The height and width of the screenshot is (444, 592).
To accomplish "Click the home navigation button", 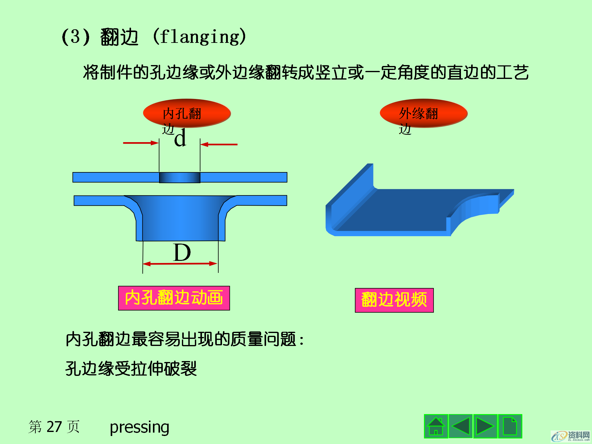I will (x=436, y=426).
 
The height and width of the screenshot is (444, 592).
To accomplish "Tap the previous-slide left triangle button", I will (x=460, y=426).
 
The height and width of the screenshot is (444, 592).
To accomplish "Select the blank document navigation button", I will (x=510, y=426).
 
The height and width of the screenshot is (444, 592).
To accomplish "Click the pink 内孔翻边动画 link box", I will (x=174, y=298).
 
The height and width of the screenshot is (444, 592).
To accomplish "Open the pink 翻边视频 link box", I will (x=394, y=300).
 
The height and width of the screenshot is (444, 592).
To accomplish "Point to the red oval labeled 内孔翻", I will (x=187, y=113).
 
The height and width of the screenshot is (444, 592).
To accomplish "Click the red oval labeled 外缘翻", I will (x=424, y=113).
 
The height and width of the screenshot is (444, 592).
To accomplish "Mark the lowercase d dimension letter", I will (x=180, y=138).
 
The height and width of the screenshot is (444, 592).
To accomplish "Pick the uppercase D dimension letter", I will (x=182, y=253).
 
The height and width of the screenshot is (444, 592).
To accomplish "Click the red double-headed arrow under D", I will (x=180, y=264).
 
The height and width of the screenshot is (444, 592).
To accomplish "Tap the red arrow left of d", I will (x=141, y=143).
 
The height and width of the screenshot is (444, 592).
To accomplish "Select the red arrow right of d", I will (x=219, y=144).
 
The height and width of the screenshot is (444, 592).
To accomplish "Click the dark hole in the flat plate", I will (x=179, y=178).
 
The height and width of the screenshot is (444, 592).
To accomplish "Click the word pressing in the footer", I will (x=139, y=427).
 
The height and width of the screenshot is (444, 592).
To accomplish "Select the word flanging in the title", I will (x=199, y=37).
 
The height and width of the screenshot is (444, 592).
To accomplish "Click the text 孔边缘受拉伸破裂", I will (x=131, y=368).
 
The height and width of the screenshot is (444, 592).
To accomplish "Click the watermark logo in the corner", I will (x=570, y=436).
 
